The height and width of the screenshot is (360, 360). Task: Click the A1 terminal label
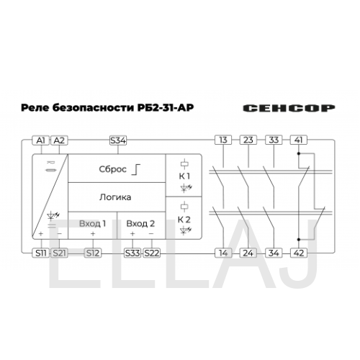(40, 140)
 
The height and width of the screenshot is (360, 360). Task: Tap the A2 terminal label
(59, 140)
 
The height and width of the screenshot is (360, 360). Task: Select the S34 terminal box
(118, 140)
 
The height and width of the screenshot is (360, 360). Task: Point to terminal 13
(223, 140)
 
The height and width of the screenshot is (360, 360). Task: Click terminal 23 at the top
(248, 140)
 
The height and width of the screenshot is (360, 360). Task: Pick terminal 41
(299, 140)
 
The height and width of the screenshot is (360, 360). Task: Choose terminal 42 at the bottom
(299, 253)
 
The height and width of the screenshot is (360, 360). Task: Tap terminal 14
(223, 253)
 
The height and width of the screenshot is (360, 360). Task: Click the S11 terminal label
(40, 253)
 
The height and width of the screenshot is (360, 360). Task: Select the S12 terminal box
(93, 253)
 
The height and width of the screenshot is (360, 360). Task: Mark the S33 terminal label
(132, 253)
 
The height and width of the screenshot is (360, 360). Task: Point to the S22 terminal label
(151, 253)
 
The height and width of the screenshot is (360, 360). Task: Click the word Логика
(115, 197)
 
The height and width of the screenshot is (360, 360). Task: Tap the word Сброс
(112, 169)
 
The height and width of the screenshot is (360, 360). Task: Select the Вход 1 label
(92, 224)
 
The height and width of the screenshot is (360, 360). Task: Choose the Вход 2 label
(140, 224)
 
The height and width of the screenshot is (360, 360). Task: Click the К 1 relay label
(184, 176)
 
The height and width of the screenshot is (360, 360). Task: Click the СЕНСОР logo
(289, 108)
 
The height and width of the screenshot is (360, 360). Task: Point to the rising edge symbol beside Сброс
(136, 169)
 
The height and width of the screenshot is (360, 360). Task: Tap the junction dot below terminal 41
(299, 153)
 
